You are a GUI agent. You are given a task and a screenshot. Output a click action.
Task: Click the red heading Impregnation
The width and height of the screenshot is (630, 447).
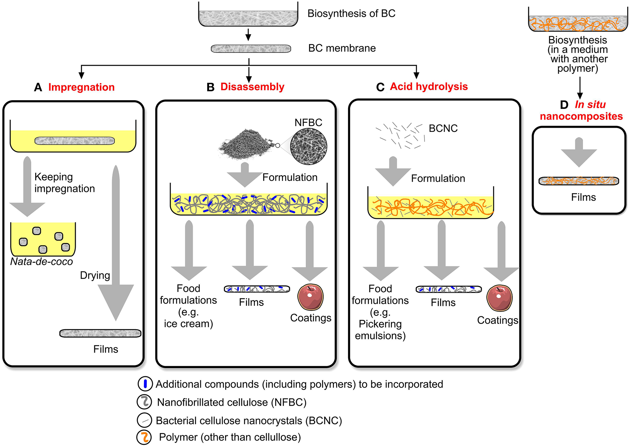pos(81,87)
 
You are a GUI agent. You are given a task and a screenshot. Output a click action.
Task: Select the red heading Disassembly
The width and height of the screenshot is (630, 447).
pos(252,87)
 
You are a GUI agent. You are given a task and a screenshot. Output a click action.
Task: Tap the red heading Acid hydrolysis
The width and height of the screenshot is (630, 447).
pos(429,86)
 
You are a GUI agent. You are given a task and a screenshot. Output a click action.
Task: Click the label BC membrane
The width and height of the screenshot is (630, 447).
pos(342,48)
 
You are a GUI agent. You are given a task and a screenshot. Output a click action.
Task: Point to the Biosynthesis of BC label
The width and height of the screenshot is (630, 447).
pos(351,14)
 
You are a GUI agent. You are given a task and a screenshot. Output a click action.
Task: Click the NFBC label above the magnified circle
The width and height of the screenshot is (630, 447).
pos(308,122)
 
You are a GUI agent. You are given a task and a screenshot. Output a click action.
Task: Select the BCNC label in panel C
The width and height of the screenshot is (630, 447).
pos(443,128)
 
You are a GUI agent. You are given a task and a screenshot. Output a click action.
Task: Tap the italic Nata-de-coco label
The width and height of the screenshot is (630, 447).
pos(42,262)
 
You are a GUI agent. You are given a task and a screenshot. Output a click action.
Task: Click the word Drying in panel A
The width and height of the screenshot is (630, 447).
pos(95,275)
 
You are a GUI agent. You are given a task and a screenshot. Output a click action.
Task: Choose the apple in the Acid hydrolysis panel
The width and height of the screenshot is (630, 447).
pos(500,298)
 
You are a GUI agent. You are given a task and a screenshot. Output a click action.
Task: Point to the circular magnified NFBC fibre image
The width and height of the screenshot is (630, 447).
pos(309,147)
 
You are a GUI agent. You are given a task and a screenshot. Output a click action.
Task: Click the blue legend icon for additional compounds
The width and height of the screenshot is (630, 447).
pos(145,384)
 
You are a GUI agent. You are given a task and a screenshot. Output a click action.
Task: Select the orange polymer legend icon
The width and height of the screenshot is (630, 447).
pos(144,437)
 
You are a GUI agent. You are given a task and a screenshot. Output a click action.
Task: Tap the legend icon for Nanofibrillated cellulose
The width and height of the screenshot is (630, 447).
pos(144,402)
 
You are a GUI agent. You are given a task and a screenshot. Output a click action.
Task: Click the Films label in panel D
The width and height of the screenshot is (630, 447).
pos(583,197)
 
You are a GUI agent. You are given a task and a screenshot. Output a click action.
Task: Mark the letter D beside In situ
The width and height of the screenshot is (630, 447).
pos(564,105)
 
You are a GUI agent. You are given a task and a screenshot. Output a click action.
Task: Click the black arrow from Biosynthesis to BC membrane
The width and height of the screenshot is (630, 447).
pos(249,34)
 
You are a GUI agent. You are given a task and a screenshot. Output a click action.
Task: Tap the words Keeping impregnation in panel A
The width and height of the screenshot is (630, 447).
pos(64,183)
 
